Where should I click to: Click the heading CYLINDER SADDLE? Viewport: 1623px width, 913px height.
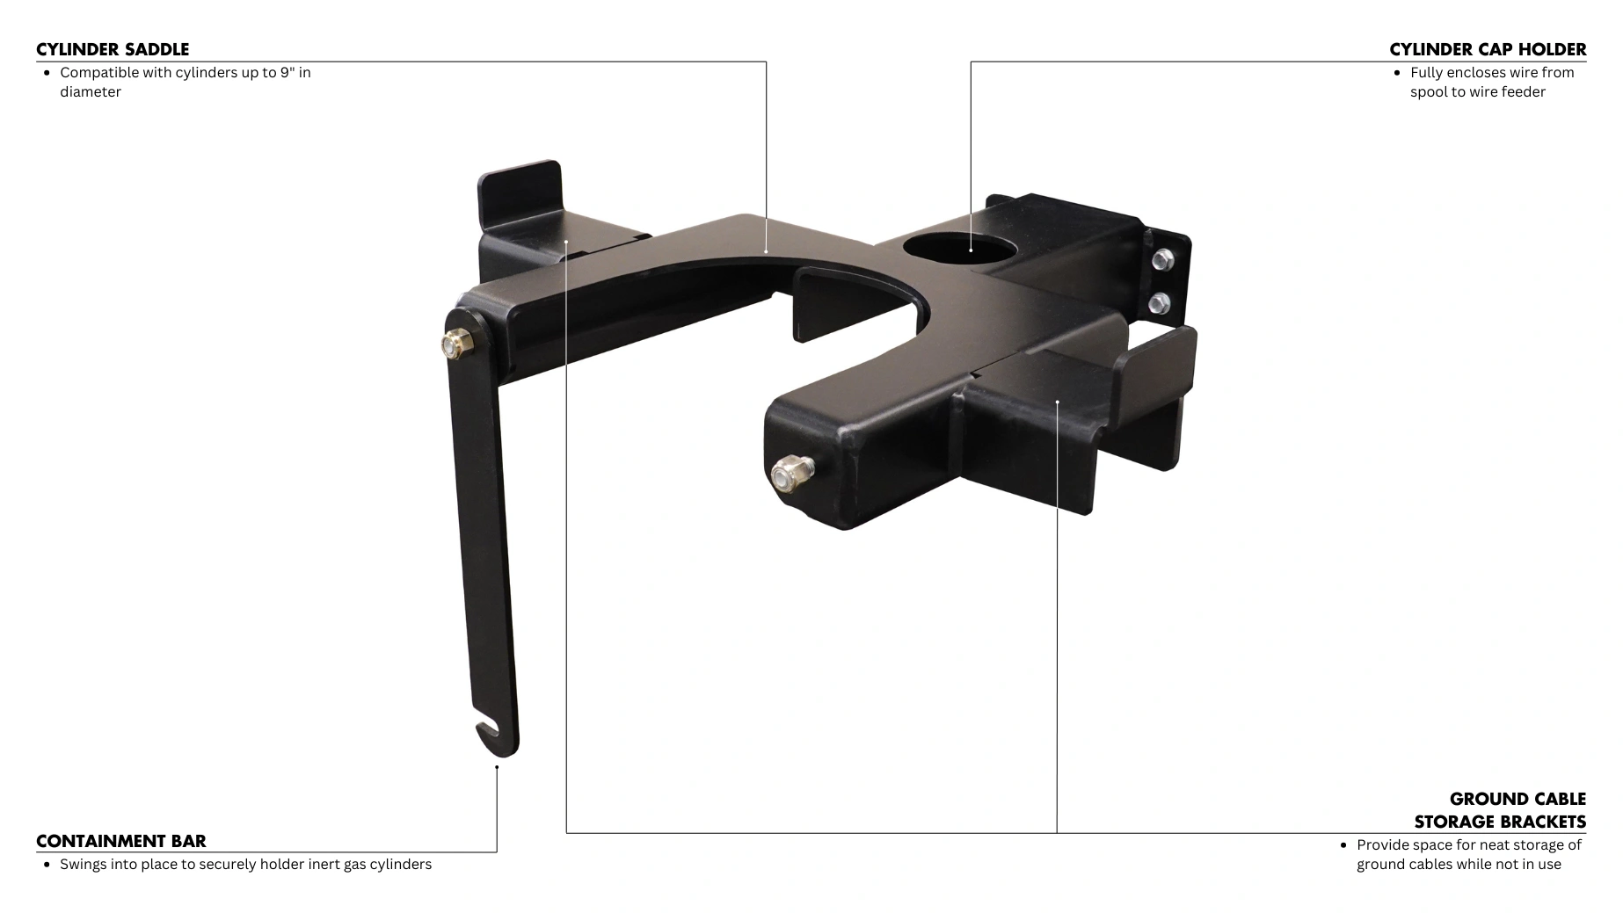coord(113,49)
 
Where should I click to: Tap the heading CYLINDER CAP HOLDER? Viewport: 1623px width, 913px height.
coord(1488,49)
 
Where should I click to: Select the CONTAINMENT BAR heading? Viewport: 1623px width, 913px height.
coord(121,841)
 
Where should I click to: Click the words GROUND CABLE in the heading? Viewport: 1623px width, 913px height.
coord(1517,799)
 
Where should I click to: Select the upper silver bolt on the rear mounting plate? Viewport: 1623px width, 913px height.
coord(1161,258)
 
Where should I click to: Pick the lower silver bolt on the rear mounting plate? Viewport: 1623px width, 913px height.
coord(1158,303)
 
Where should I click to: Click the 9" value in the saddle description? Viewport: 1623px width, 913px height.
coord(288,73)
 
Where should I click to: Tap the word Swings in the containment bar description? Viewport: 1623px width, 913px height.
coord(84,865)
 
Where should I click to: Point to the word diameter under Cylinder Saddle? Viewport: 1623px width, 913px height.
coord(91,92)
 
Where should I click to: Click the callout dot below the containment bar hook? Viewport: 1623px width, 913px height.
coord(497,767)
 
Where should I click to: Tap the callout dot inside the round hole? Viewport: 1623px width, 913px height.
coord(971,250)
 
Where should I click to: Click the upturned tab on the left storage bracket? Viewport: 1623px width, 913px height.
coord(520,186)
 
